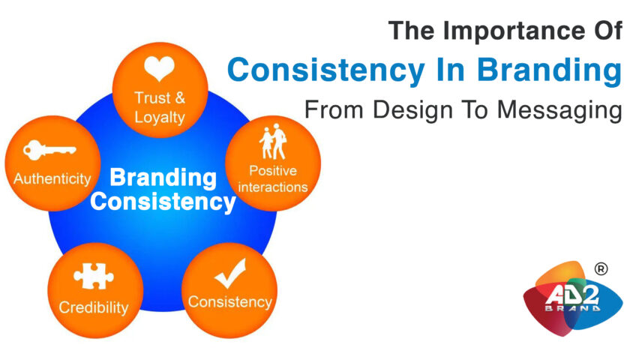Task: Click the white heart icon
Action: [x=159, y=68]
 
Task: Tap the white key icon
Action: [x=49, y=150]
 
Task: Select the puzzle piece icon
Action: [x=94, y=276]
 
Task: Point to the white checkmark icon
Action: [x=230, y=273]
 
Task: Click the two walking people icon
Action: [x=273, y=142]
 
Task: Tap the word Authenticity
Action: [x=52, y=178]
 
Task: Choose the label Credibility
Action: [x=94, y=307]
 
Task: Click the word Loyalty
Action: [x=160, y=117]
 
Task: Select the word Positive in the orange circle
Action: [x=273, y=171]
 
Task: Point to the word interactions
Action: [x=273, y=187]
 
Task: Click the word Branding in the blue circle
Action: [x=163, y=178]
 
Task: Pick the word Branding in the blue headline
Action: [x=550, y=70]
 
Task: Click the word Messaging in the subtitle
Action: [x=559, y=110]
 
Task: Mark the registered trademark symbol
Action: [x=601, y=268]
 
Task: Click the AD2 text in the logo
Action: [x=572, y=296]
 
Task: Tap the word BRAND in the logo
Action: [x=572, y=308]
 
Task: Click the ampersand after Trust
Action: [x=179, y=97]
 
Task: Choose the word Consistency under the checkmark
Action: [x=230, y=301]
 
